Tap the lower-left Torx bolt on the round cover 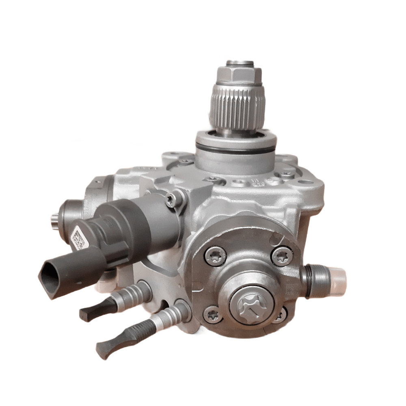click(x=211, y=315)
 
